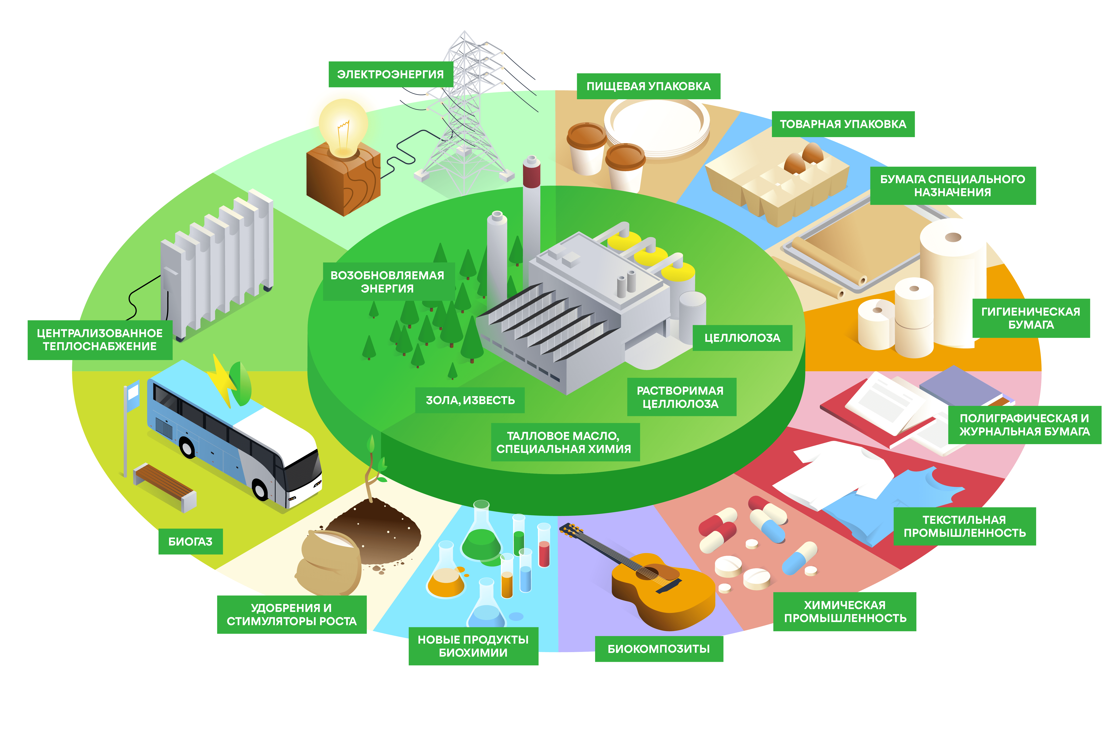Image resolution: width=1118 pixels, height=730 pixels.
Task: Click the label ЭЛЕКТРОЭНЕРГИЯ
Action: pos(390,74)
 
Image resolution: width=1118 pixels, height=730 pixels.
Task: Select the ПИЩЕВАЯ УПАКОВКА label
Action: pos(648,86)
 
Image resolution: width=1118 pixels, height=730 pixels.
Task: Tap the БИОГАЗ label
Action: pos(190,541)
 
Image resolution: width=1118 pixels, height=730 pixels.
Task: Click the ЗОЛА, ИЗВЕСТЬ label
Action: pos(470,400)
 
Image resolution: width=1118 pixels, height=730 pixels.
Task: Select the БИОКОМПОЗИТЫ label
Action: pos(659,649)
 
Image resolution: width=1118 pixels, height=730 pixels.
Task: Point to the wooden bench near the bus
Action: pos(164,486)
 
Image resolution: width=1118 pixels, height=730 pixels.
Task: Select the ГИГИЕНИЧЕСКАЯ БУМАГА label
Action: pos(1031,318)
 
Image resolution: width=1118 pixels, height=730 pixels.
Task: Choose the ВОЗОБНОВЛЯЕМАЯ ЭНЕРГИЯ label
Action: pos(387,282)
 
